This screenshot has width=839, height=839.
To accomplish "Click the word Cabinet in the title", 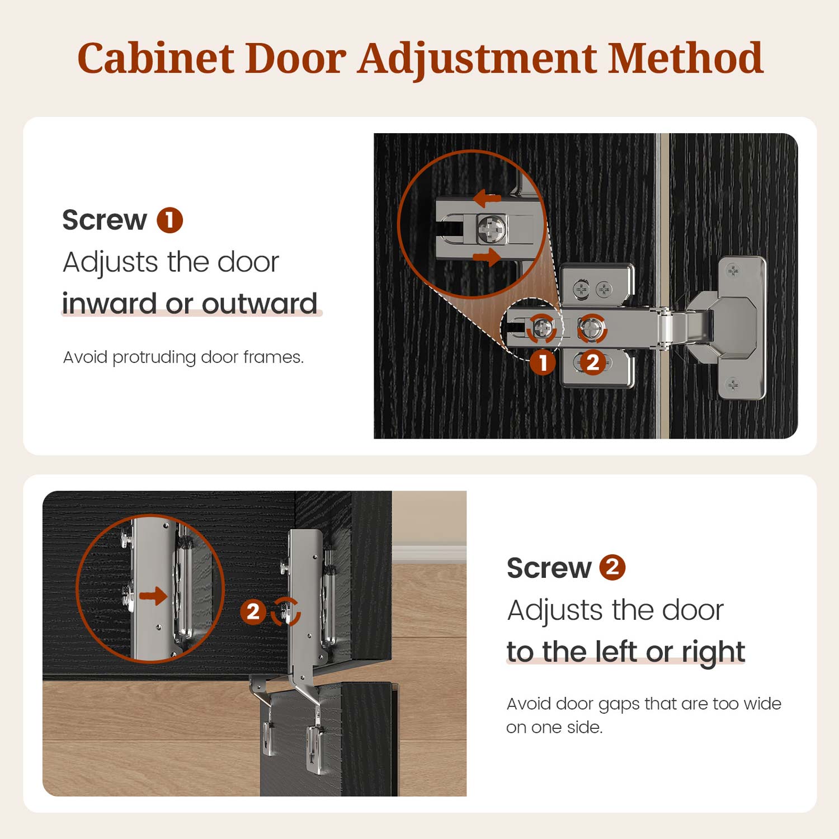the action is click(155, 58).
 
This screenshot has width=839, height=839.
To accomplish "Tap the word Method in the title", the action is click(685, 58).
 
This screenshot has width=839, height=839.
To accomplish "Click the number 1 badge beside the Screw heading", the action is click(169, 220).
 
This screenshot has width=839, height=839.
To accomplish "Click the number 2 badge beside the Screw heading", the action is click(612, 567).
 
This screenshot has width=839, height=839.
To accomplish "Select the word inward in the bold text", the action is click(110, 304).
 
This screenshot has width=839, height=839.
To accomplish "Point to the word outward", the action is click(260, 304).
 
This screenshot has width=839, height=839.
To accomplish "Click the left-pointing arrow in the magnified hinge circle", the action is click(487, 198).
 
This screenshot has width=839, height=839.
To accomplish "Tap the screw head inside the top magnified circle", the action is click(492, 229).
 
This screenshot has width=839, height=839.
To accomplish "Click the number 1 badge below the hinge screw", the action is click(543, 362).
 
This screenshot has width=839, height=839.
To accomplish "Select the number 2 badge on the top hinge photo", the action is click(592, 362).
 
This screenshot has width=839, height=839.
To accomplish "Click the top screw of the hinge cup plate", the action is click(733, 272).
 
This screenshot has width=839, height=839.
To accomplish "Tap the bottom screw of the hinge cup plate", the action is click(733, 385).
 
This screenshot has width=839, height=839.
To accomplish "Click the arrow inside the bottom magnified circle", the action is click(153, 596).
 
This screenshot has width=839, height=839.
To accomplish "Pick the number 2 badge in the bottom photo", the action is click(253, 612).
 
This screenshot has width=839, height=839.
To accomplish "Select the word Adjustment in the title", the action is click(478, 59).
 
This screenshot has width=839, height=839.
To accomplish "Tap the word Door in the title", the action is click(296, 58).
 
